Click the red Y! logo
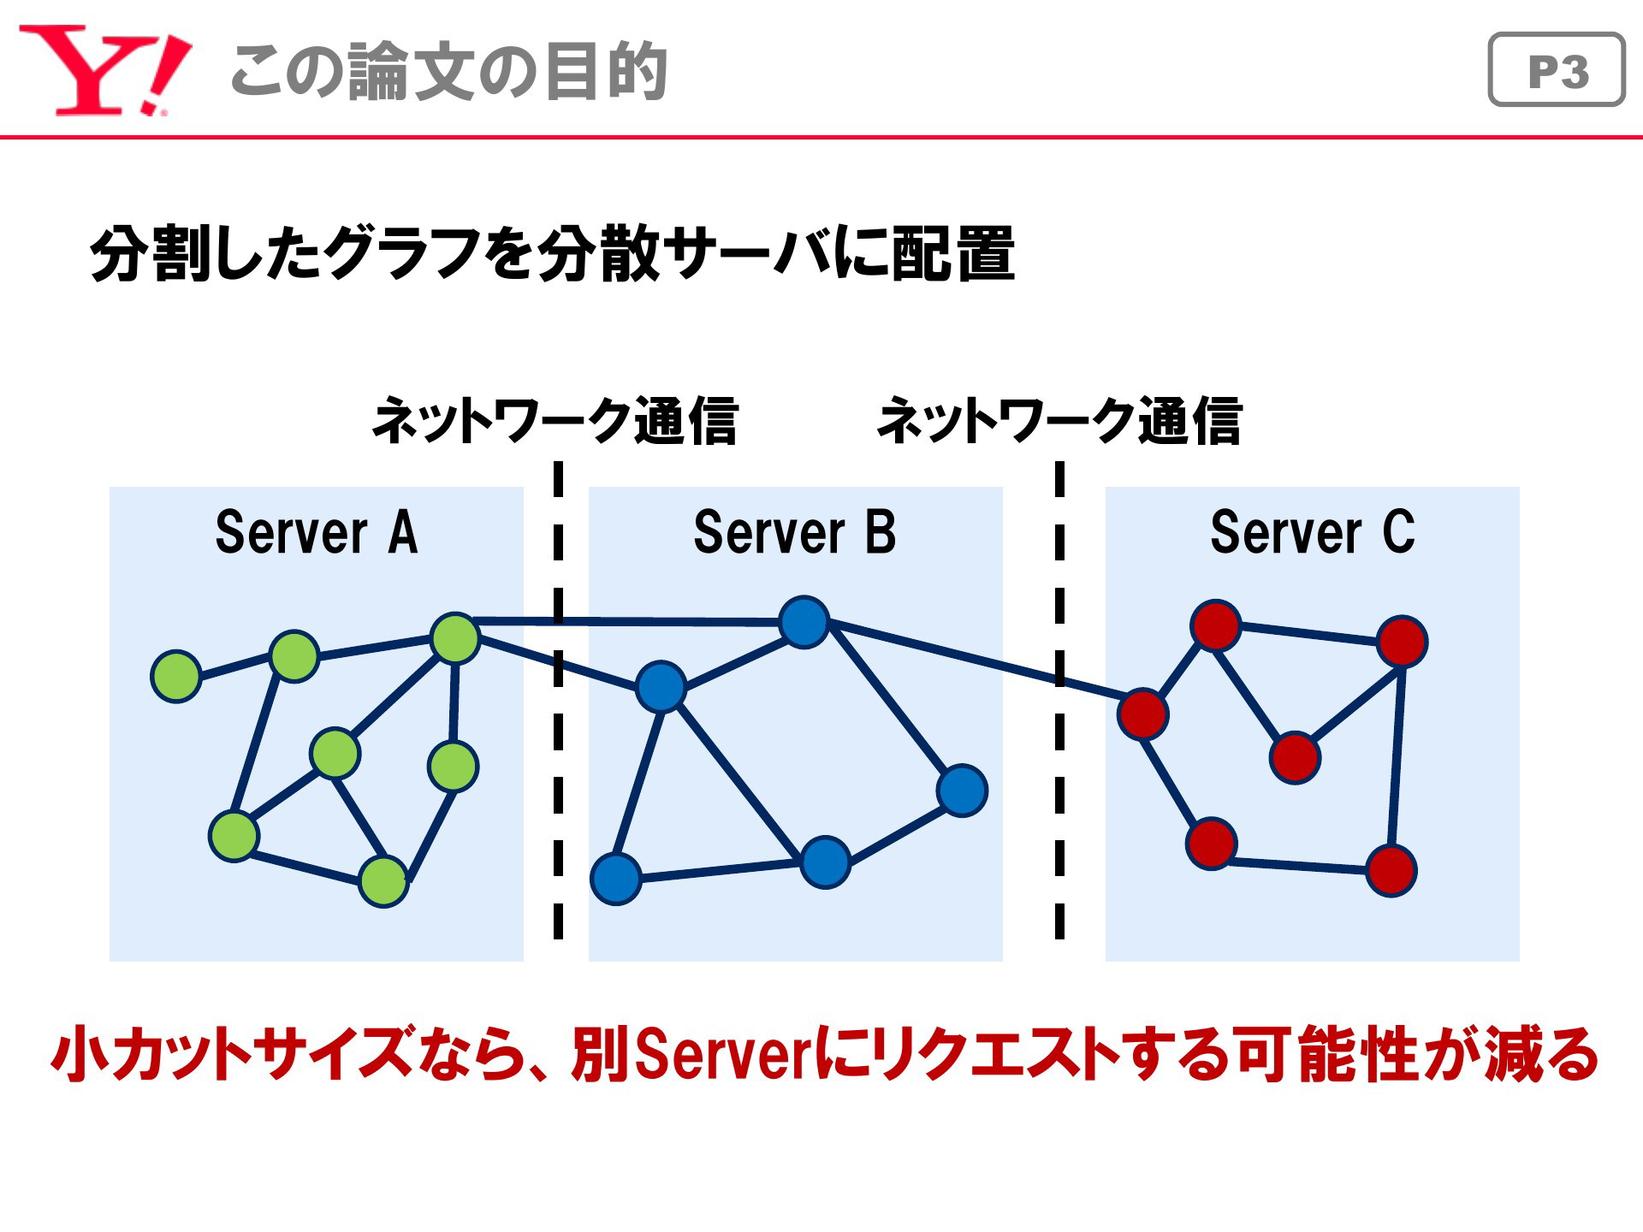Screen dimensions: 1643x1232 (104, 70)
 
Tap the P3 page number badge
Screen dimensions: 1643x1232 (1557, 69)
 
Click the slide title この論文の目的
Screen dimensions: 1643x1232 (448, 71)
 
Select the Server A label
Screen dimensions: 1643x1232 (317, 532)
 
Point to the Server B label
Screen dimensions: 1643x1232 (795, 532)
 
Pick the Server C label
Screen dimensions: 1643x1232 (1313, 532)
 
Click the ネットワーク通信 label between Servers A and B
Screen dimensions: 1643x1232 (555, 420)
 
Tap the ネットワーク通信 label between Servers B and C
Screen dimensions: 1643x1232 (1059, 420)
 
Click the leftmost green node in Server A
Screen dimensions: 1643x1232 (176, 676)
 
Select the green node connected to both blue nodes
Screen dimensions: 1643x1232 (455, 638)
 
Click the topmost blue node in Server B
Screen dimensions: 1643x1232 (804, 622)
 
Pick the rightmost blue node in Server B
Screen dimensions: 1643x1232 (963, 791)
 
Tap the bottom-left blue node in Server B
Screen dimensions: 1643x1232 (616, 879)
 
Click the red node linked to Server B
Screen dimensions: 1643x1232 (1143, 714)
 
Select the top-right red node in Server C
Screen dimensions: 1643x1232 (1402, 641)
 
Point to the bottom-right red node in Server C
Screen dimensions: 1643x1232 (1391, 870)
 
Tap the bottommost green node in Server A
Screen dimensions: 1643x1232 (383, 881)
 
